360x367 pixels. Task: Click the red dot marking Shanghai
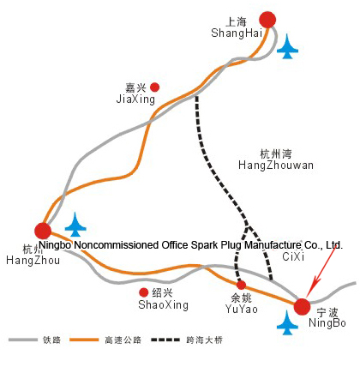(267, 20)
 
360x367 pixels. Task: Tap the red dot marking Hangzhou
(43, 231)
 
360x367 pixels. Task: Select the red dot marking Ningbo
(302, 307)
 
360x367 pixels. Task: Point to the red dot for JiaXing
(155, 87)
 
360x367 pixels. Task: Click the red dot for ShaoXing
(144, 292)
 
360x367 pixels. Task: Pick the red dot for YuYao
(241, 285)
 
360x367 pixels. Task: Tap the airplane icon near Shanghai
(287, 46)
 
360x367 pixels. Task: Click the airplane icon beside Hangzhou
(75, 225)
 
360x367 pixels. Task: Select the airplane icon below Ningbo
(287, 322)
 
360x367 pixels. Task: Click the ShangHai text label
(237, 33)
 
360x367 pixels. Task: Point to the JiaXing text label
(135, 99)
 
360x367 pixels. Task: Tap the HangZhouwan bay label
(276, 165)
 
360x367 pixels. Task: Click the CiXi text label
(293, 256)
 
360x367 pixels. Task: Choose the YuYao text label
(242, 309)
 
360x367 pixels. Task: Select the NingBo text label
(327, 323)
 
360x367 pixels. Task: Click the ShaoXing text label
(164, 304)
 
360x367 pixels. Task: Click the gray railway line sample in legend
(23, 340)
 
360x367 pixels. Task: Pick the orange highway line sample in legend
(84, 340)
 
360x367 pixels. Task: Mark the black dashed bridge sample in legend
(165, 340)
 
